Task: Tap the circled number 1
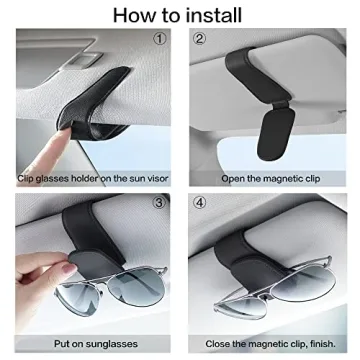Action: pyautogui.click(x=159, y=39)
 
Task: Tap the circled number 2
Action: pyautogui.click(x=199, y=39)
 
